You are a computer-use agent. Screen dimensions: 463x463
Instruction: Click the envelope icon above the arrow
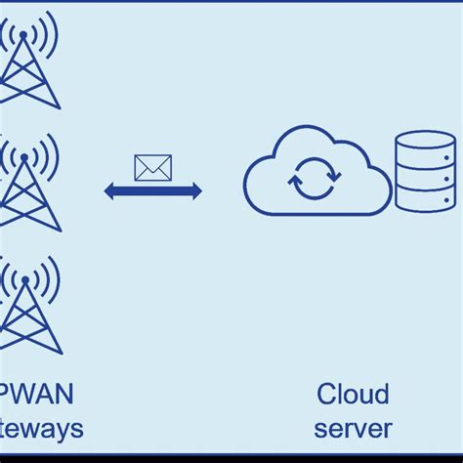pyautogui.click(x=152, y=168)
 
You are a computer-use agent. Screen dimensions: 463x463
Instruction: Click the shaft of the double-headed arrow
pyautogui.click(x=153, y=191)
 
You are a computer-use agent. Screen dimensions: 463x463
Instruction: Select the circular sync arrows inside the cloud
pyautogui.click(x=315, y=177)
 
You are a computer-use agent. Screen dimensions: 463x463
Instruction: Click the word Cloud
pyautogui.click(x=353, y=395)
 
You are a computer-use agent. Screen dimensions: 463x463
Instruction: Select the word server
pyautogui.click(x=353, y=428)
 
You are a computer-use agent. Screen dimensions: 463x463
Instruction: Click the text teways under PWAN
pyautogui.click(x=41, y=428)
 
